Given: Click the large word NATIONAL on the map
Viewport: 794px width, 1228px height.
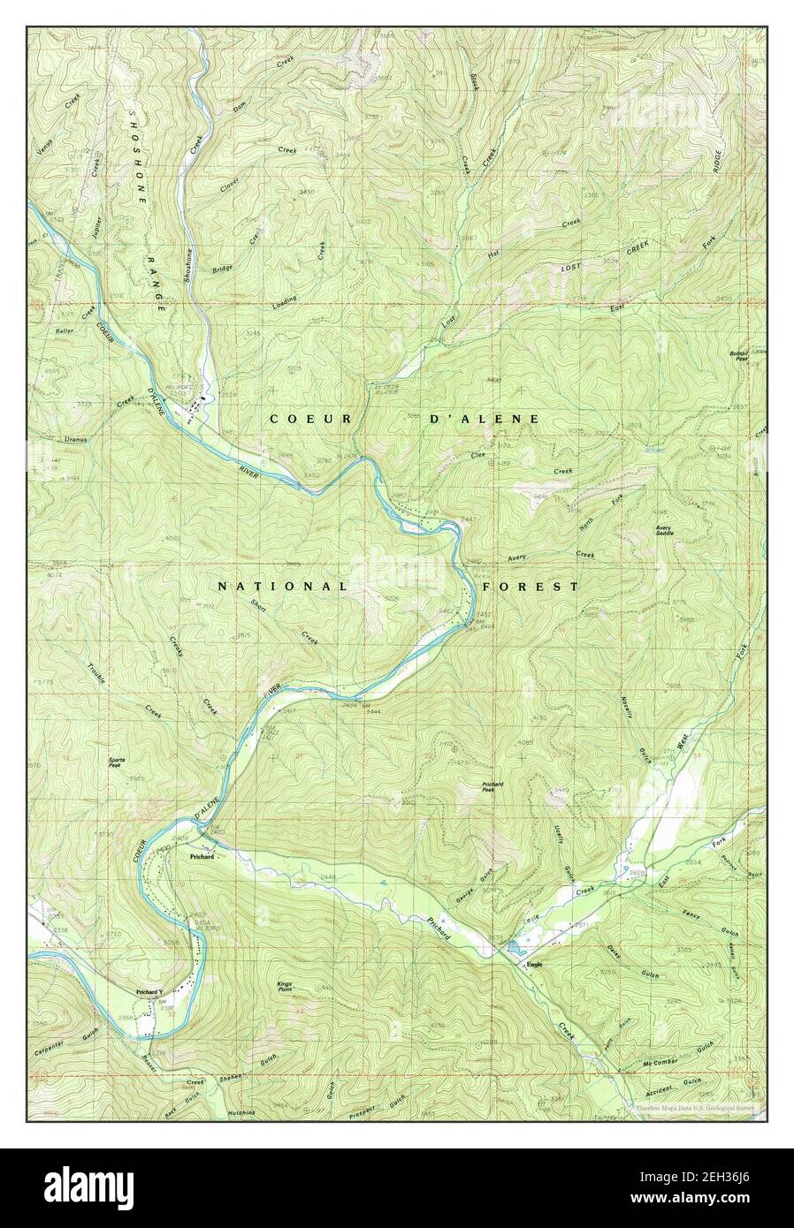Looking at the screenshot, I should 281,586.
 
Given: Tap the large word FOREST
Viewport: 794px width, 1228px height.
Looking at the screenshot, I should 530,586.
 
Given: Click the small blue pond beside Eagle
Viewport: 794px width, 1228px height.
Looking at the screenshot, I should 514,950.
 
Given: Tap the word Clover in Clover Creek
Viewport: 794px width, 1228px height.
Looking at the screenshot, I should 228,182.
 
